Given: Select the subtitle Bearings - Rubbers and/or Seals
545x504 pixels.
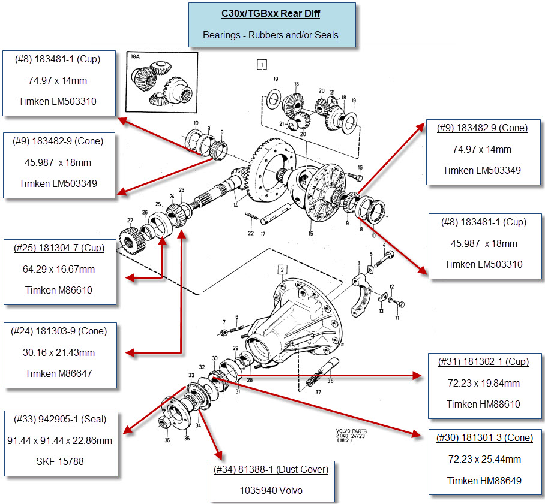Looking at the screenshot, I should pos(271,35).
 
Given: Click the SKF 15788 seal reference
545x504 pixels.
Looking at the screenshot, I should pos(59,461).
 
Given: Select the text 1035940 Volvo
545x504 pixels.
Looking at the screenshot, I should pos(271,491).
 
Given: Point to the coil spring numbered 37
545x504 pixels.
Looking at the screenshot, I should pos(314,381).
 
